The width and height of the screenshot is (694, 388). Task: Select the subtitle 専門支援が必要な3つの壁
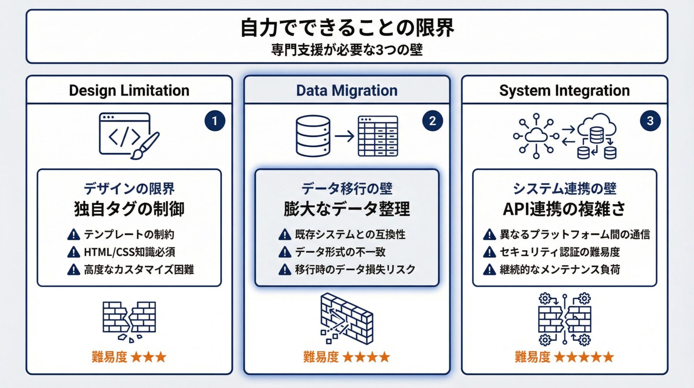click(x=347, y=50)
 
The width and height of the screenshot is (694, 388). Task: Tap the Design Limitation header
click(x=129, y=90)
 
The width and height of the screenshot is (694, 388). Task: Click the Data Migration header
click(x=347, y=90)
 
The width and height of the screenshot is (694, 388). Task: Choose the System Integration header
click(x=564, y=90)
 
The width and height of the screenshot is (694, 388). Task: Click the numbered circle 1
click(x=215, y=121)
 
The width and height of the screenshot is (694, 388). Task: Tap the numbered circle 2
click(x=432, y=121)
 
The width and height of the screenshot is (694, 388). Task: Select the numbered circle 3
click(x=650, y=121)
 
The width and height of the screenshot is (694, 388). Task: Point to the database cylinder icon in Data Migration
click(x=313, y=136)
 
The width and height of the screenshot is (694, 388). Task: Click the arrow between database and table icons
click(x=344, y=136)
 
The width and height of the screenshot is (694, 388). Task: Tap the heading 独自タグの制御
click(x=129, y=209)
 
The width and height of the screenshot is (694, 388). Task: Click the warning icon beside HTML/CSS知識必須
click(x=74, y=252)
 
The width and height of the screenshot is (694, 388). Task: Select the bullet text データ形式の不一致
click(x=340, y=252)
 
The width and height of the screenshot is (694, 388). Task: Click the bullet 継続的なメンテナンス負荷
click(x=560, y=270)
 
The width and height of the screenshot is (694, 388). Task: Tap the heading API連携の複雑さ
click(x=564, y=209)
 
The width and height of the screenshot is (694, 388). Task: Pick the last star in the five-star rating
click(x=608, y=357)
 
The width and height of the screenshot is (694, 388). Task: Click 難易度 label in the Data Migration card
click(x=321, y=357)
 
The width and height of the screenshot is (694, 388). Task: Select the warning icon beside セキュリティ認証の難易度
click(x=489, y=252)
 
